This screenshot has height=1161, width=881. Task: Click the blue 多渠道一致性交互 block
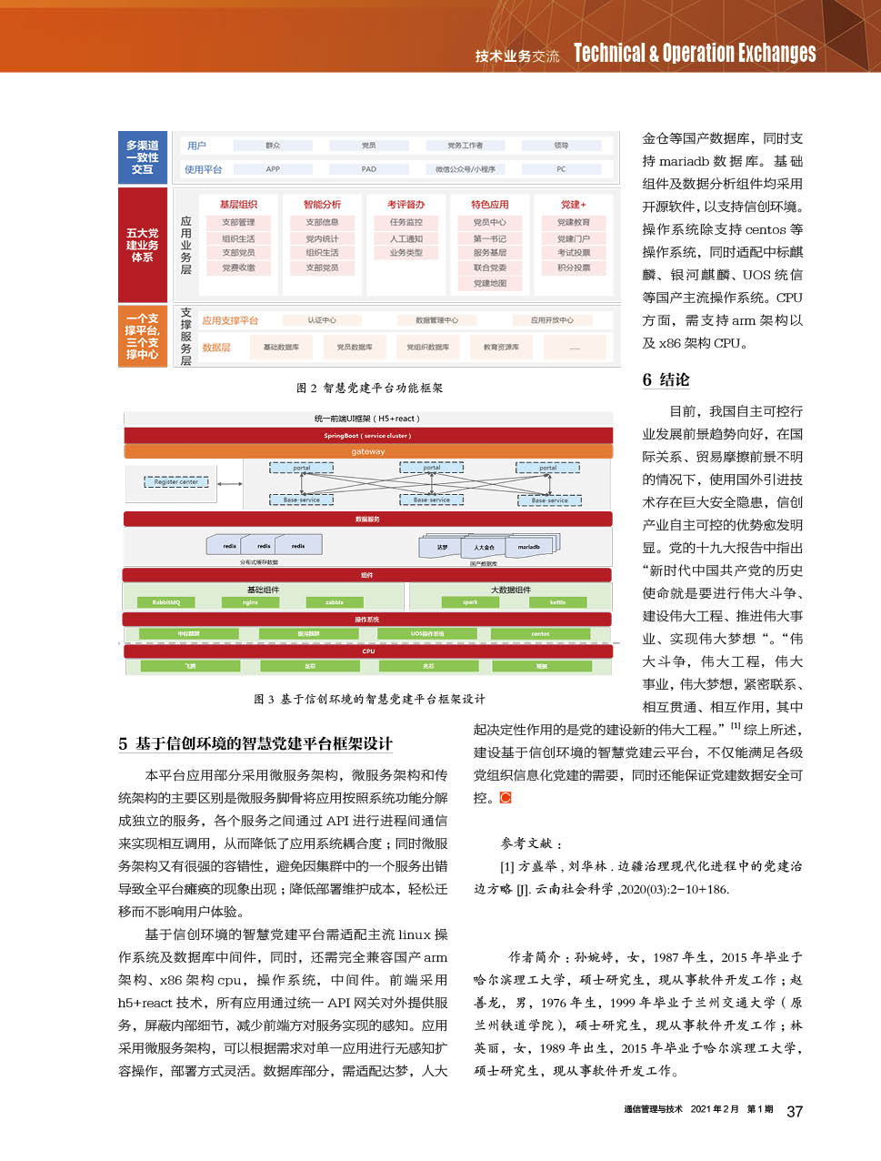143,157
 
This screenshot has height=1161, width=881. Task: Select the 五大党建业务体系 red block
143,245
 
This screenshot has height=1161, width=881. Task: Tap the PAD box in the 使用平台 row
368,169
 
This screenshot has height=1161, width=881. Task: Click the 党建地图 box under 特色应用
489,283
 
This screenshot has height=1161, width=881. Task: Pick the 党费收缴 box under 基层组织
238,268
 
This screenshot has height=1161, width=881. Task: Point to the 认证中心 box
322,320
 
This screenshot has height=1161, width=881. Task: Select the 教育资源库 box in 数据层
501,347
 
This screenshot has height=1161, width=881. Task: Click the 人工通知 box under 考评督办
405,238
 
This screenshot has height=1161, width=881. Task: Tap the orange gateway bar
368,451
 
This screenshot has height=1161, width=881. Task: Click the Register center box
176,482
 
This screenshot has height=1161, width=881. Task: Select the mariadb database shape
529,547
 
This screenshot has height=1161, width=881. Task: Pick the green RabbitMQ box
166,602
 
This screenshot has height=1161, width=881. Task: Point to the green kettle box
557,602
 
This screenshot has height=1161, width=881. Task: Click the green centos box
540,633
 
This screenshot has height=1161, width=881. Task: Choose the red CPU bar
368,651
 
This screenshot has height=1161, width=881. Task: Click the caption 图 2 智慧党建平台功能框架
369,389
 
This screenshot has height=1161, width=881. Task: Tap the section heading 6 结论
666,379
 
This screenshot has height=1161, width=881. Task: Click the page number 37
795,1111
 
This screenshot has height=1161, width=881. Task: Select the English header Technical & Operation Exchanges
695,54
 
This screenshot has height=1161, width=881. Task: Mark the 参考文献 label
531,843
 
